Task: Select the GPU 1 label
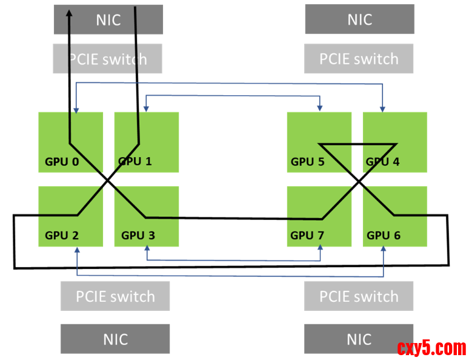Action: (135, 161)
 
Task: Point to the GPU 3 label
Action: (138, 235)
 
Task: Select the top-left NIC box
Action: (108, 19)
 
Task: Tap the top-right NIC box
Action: (359, 19)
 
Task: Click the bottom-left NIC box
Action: (115, 339)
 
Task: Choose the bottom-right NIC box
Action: (359, 339)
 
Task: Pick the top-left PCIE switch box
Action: (108, 59)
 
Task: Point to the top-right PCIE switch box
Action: (359, 59)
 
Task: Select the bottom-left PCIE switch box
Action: (115, 296)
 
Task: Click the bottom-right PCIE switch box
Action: (359, 296)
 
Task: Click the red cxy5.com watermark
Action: (431, 348)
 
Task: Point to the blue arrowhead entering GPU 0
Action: (76, 110)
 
